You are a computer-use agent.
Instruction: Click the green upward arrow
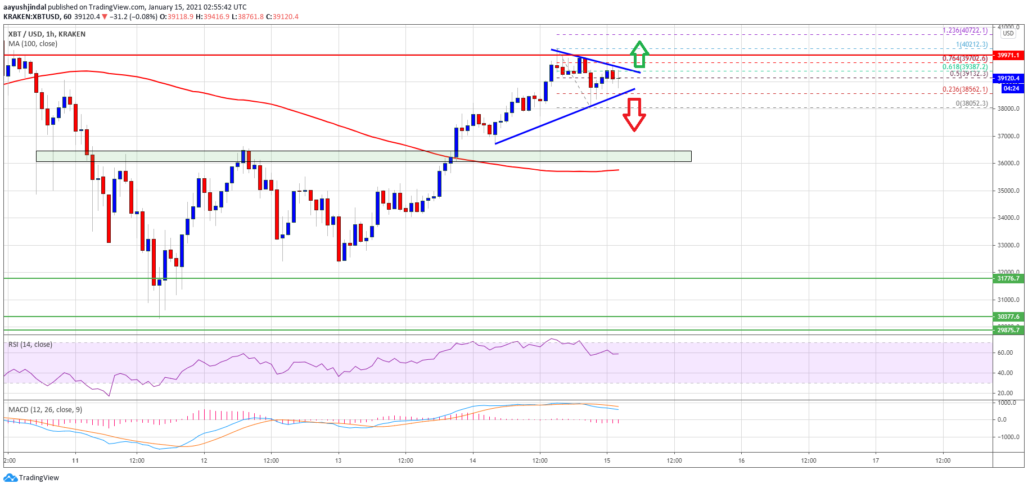639,55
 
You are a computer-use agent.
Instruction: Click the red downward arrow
634,115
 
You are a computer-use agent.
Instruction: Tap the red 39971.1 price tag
1008,55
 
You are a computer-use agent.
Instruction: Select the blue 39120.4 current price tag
1008,78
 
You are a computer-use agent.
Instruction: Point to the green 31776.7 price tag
1008,278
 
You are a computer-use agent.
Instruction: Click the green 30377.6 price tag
1008,317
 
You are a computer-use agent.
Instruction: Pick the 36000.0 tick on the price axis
1008,164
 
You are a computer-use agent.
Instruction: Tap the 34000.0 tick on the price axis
1008,218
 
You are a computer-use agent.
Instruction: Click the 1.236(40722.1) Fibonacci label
964,30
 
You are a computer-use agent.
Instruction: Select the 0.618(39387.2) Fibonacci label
964,66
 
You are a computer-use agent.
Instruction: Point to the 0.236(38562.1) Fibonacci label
964,89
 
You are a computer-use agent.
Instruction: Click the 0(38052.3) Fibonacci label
971,103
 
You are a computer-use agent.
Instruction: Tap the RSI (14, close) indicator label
30,345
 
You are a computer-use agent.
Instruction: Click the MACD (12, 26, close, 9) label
45,410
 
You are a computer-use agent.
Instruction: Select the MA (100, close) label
33,44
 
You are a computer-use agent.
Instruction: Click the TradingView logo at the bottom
31,478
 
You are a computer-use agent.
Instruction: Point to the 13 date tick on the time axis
338,460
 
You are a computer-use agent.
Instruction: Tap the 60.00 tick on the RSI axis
1005,353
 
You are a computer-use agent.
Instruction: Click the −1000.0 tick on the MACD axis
1007,437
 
